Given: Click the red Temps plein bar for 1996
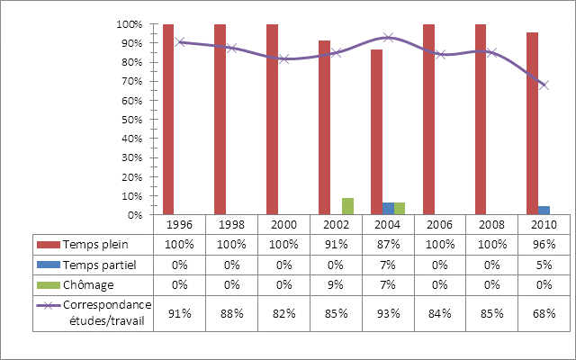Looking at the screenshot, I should point(168,120).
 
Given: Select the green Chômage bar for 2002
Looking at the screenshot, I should point(348,206).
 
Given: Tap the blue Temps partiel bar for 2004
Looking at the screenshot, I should point(388,209).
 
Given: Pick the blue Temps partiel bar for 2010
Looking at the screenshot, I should point(544,211).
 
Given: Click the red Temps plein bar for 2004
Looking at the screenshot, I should point(376,132).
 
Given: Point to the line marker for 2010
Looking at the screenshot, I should point(543,85).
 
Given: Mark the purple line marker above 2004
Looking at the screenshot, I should point(388,37).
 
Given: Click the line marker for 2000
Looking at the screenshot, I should point(283,58).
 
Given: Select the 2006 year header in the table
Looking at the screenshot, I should point(440,224).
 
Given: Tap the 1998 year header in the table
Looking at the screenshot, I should point(231,224).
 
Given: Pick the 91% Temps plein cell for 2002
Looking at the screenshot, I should point(336,244).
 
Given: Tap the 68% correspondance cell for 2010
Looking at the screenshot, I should point(544,314).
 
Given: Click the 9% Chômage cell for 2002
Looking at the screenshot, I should point(336,284).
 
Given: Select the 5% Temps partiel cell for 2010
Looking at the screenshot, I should point(544,265).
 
